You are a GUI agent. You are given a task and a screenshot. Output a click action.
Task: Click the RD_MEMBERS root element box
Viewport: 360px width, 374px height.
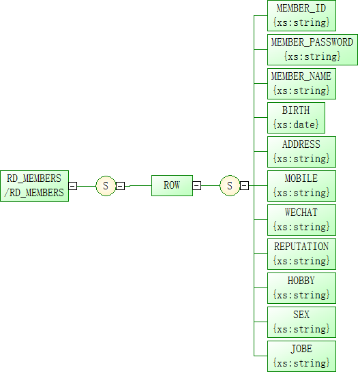pyautogui.click(x=34, y=186)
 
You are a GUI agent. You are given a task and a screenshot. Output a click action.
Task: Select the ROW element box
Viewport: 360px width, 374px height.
pyautogui.click(x=172, y=185)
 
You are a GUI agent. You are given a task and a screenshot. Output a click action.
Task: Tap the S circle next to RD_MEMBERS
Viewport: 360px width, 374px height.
pyautogui.click(x=106, y=186)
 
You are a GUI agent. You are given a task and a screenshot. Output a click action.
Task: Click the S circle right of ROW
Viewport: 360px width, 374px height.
pyautogui.click(x=230, y=185)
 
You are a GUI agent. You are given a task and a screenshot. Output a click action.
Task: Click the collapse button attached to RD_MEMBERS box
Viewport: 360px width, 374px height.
pyautogui.click(x=73, y=186)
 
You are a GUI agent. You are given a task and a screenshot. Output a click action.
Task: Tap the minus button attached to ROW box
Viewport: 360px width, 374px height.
pyautogui.click(x=197, y=185)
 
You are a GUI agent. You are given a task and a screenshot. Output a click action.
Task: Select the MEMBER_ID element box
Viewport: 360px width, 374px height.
pyautogui.click(x=301, y=16)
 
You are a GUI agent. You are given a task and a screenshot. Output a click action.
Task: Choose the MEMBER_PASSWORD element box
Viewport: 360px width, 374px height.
pyautogui.click(x=312, y=50)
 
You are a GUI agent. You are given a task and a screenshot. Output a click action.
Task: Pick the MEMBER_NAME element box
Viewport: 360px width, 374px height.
pyautogui.click(x=301, y=84)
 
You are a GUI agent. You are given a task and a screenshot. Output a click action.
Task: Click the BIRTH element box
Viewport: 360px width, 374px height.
pyautogui.click(x=296, y=118)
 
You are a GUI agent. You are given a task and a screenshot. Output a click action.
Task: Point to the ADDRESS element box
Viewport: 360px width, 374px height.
pyautogui.click(x=301, y=152)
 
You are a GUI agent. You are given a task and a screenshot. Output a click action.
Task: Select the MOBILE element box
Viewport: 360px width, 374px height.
pyautogui.click(x=301, y=186)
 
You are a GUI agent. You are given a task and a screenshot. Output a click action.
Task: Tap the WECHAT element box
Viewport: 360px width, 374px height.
pyautogui.click(x=301, y=220)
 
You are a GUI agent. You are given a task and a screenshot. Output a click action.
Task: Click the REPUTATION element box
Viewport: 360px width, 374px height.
pyautogui.click(x=301, y=254)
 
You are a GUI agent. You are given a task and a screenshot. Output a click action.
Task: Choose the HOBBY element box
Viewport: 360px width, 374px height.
pyautogui.click(x=301, y=288)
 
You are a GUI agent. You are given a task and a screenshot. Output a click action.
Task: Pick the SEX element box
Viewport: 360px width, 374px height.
pyautogui.click(x=301, y=322)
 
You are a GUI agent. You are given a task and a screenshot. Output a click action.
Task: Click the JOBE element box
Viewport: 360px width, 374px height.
pyautogui.click(x=301, y=356)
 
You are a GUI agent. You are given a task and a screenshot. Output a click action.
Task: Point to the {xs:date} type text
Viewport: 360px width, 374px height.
pyautogui.click(x=296, y=125)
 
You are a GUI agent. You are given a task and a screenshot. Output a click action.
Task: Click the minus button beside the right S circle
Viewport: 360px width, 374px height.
pyautogui.click(x=244, y=185)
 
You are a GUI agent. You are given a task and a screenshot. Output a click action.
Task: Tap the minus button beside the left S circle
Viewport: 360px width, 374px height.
pyautogui.click(x=120, y=186)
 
